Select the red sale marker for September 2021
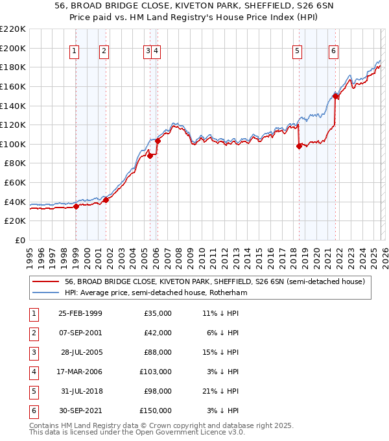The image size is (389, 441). pyautogui.click(x=335, y=97)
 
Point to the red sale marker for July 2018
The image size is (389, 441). pyautogui.click(x=299, y=147)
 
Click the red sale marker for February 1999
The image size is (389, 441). pyautogui.click(x=76, y=207)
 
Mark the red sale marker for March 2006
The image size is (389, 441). pyautogui.click(x=158, y=141)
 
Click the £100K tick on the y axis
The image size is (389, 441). pyautogui.click(x=13, y=144)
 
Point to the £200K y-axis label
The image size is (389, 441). pyautogui.click(x=13, y=48)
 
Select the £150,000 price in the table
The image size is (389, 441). pyautogui.click(x=155, y=411)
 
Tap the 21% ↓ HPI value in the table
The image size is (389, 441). pyautogui.click(x=220, y=391)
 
